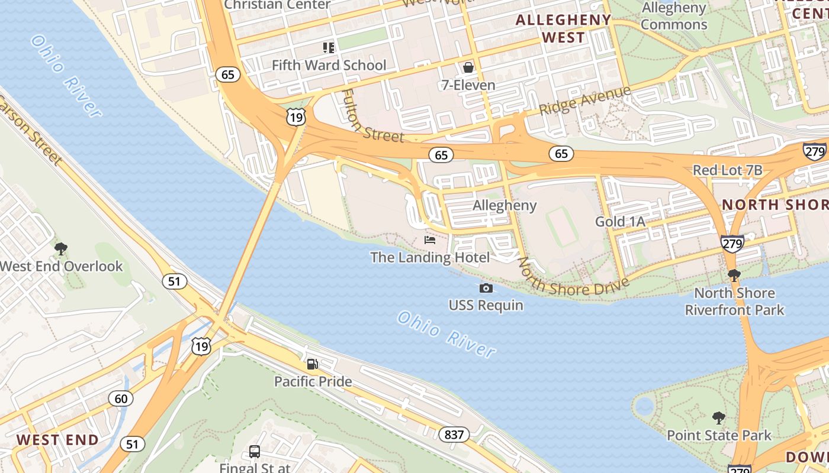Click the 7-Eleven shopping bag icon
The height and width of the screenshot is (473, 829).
(x=468, y=67)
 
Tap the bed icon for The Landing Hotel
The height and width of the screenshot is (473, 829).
(x=430, y=240)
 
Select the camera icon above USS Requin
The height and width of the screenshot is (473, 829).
(x=486, y=288)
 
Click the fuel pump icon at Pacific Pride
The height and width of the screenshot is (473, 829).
(x=312, y=364)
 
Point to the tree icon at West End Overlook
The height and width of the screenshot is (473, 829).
(x=60, y=249)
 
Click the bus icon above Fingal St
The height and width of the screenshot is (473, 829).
(x=255, y=452)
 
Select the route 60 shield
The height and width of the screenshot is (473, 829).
(x=121, y=399)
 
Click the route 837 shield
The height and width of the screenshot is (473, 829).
(x=454, y=435)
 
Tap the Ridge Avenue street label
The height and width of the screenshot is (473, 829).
(x=585, y=101)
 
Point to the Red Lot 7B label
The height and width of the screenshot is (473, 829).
(x=728, y=170)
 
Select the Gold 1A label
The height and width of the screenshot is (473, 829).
(x=620, y=222)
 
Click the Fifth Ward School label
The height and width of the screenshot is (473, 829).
(x=329, y=65)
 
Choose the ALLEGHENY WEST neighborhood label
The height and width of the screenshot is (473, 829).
(x=563, y=28)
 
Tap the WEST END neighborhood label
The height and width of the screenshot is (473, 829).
(x=57, y=440)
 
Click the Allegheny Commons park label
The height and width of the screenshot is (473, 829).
(x=674, y=17)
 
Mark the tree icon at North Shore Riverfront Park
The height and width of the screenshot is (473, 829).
(x=734, y=275)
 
